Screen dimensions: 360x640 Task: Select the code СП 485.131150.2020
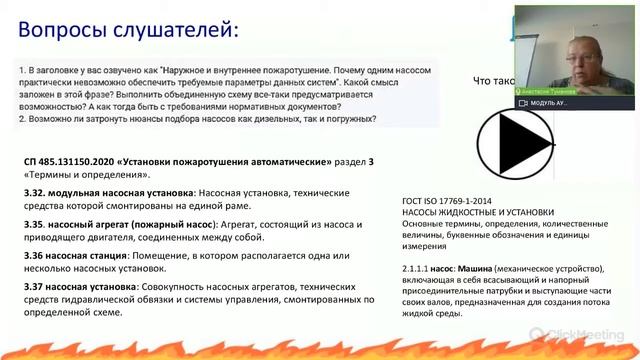tap(69, 160)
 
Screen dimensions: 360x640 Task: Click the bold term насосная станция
tap(91, 253)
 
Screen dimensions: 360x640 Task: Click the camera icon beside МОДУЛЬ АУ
tap(523, 102)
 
